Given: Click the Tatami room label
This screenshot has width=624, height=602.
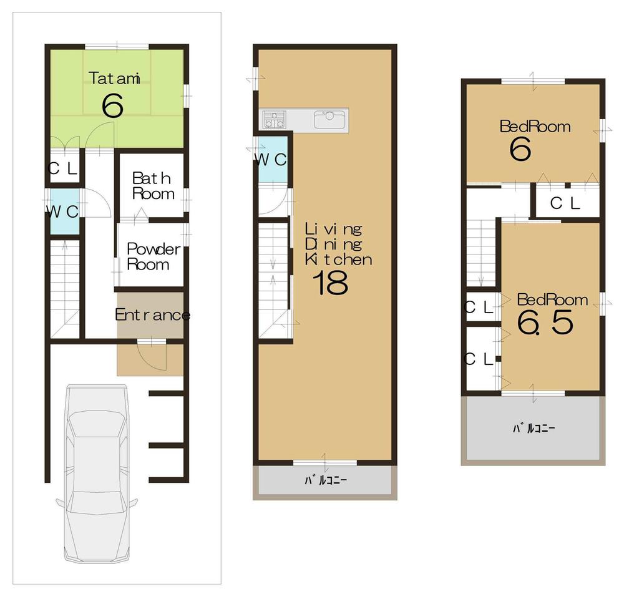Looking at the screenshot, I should click(114, 78).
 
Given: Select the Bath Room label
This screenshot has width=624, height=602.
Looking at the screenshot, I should click(152, 186).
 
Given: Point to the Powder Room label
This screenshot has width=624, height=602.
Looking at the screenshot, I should click(153, 256).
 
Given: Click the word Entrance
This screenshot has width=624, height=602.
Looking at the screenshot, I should click(152, 315).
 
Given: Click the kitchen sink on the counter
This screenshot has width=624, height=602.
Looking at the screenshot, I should click(329, 119).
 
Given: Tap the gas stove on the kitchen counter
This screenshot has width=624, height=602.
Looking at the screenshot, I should click(274, 119).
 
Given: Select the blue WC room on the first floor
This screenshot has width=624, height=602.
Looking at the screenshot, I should click(64, 211).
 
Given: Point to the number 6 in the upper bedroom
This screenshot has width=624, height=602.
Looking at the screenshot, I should click(520, 150).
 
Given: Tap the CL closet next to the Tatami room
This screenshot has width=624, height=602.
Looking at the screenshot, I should click(64, 168).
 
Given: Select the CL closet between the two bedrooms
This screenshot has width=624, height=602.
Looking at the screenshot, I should click(566, 203).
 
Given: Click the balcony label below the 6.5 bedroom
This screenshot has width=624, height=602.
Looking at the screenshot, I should click(534, 429).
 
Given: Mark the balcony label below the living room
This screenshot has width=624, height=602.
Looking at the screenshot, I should click(325, 480).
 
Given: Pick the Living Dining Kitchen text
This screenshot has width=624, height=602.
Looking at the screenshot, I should click(338, 244).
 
